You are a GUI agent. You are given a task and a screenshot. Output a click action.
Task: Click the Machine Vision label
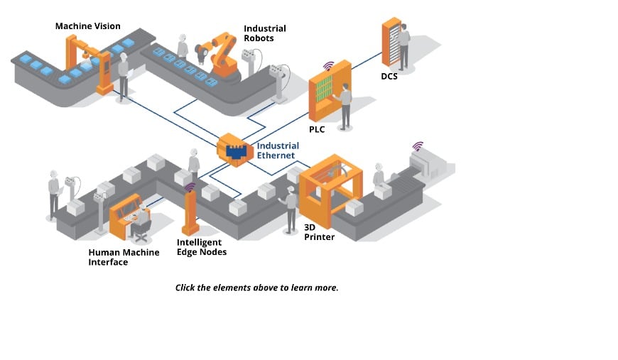tap(87, 26)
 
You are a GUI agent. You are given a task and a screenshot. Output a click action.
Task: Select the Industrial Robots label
tap(264, 33)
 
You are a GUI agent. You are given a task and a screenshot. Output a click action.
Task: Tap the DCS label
tap(389, 76)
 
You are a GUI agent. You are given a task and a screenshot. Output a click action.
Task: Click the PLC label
tap(317, 130)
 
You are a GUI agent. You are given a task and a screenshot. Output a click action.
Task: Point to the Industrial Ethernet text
tap(278, 151)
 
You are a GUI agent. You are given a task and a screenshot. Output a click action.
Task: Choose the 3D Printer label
tap(319, 231)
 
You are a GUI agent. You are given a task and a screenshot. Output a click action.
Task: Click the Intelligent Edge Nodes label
tap(201, 247)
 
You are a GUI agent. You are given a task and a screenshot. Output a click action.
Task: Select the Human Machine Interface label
tap(124, 257)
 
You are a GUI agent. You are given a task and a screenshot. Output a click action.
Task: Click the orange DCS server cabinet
tap(390, 43)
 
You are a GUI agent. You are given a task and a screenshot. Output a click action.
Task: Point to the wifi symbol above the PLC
tap(328, 66)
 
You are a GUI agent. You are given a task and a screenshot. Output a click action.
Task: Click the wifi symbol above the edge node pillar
tap(190, 187)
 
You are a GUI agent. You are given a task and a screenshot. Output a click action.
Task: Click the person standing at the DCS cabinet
tap(403, 46)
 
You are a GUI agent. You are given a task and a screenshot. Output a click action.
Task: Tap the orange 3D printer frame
tap(330, 188)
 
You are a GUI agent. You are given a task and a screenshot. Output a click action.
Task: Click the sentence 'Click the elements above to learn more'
tap(256, 288)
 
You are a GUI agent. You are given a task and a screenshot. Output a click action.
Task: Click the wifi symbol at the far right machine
tap(418, 146)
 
